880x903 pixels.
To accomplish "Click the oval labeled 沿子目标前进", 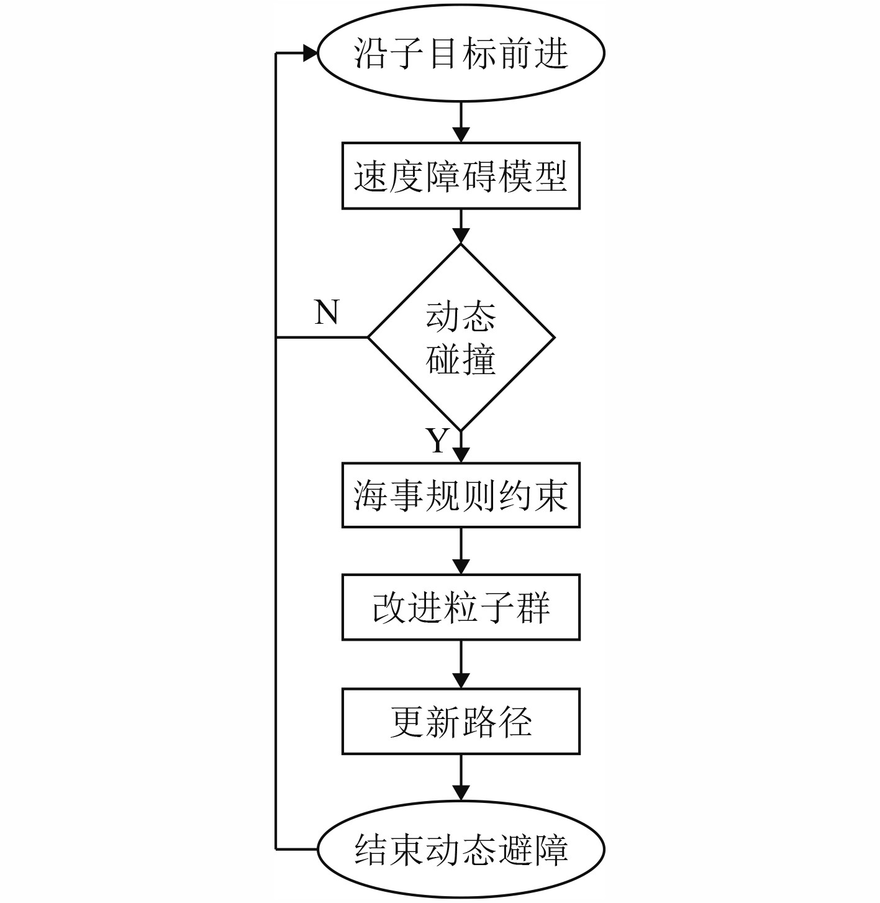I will click(461, 53).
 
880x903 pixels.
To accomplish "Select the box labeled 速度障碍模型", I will click(461, 176).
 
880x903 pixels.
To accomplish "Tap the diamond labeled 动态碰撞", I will click(461, 337).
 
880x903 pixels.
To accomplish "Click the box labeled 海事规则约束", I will click(461, 495).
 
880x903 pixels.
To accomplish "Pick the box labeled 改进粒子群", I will click(461, 607).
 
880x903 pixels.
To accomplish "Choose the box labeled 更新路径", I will click(461, 721).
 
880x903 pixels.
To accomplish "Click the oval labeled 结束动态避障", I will click(461, 850).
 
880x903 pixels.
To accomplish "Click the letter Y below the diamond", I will click(438, 441).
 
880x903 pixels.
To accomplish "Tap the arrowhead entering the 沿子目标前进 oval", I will click(311, 53).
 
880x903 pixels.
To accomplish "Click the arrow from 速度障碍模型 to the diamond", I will click(461, 226).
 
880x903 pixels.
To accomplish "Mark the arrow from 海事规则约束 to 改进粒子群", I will click(461, 551).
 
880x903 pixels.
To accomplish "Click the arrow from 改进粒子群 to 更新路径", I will click(461, 664).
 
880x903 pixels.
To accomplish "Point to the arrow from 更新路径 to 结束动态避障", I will click(461, 777).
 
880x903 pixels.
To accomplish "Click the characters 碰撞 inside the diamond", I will click(461, 359).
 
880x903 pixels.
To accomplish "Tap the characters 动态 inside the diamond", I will click(461, 317).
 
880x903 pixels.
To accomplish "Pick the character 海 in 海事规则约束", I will click(371, 495).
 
